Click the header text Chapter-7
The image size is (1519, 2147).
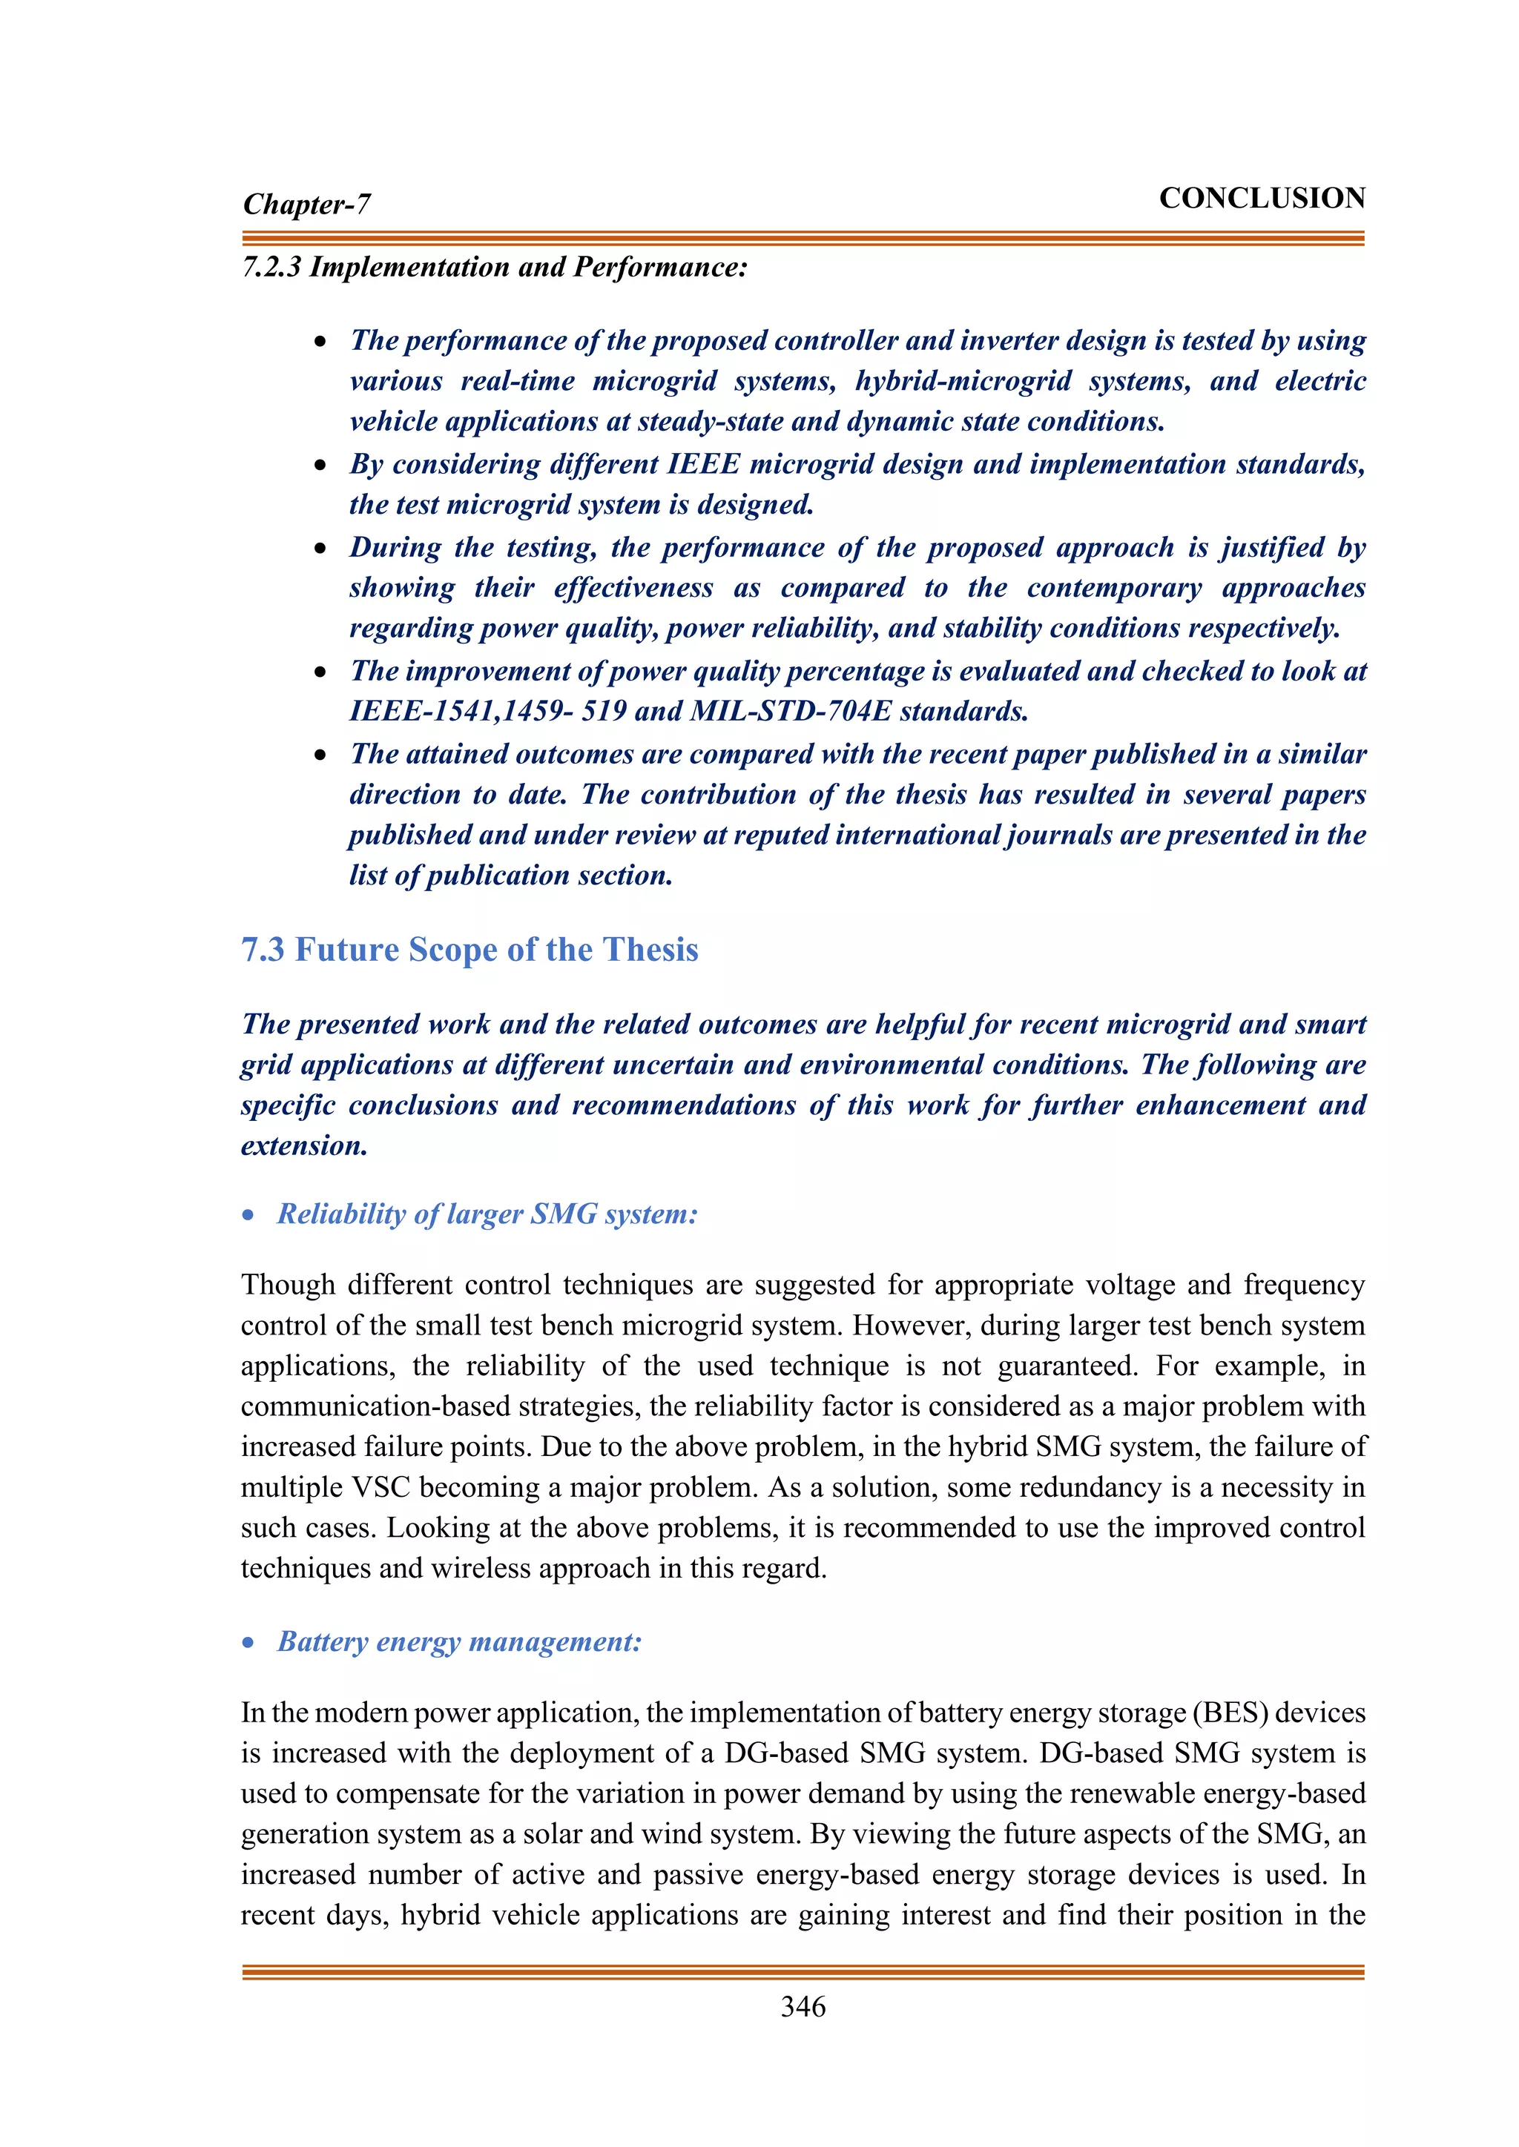(x=307, y=204)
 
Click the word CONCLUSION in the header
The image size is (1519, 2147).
(x=1261, y=198)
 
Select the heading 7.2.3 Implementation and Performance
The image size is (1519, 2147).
(x=495, y=268)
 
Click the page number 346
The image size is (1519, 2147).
(x=803, y=2006)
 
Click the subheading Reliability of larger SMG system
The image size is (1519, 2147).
(x=487, y=1214)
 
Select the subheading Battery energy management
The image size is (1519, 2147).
(x=459, y=1641)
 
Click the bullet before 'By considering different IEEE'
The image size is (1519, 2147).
(x=321, y=465)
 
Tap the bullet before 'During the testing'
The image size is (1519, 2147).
(x=321, y=548)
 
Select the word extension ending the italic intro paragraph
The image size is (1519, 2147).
(x=303, y=1145)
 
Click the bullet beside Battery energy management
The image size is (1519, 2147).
(x=248, y=1643)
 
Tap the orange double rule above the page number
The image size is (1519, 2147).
(x=803, y=1971)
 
